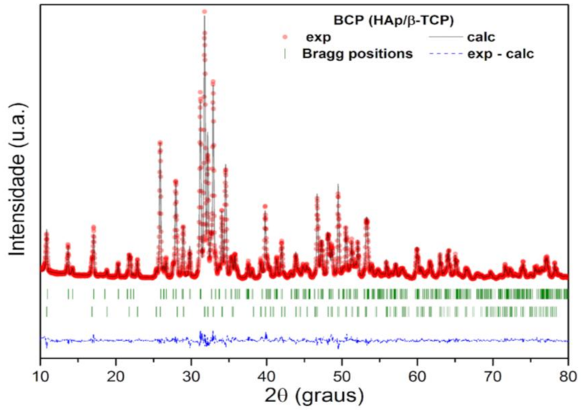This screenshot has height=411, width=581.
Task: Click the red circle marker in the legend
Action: click(x=284, y=37)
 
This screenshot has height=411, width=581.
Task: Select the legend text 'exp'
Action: click(x=317, y=37)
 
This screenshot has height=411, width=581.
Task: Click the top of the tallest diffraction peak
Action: click(x=204, y=12)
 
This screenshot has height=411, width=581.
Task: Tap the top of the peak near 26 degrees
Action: click(x=160, y=142)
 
